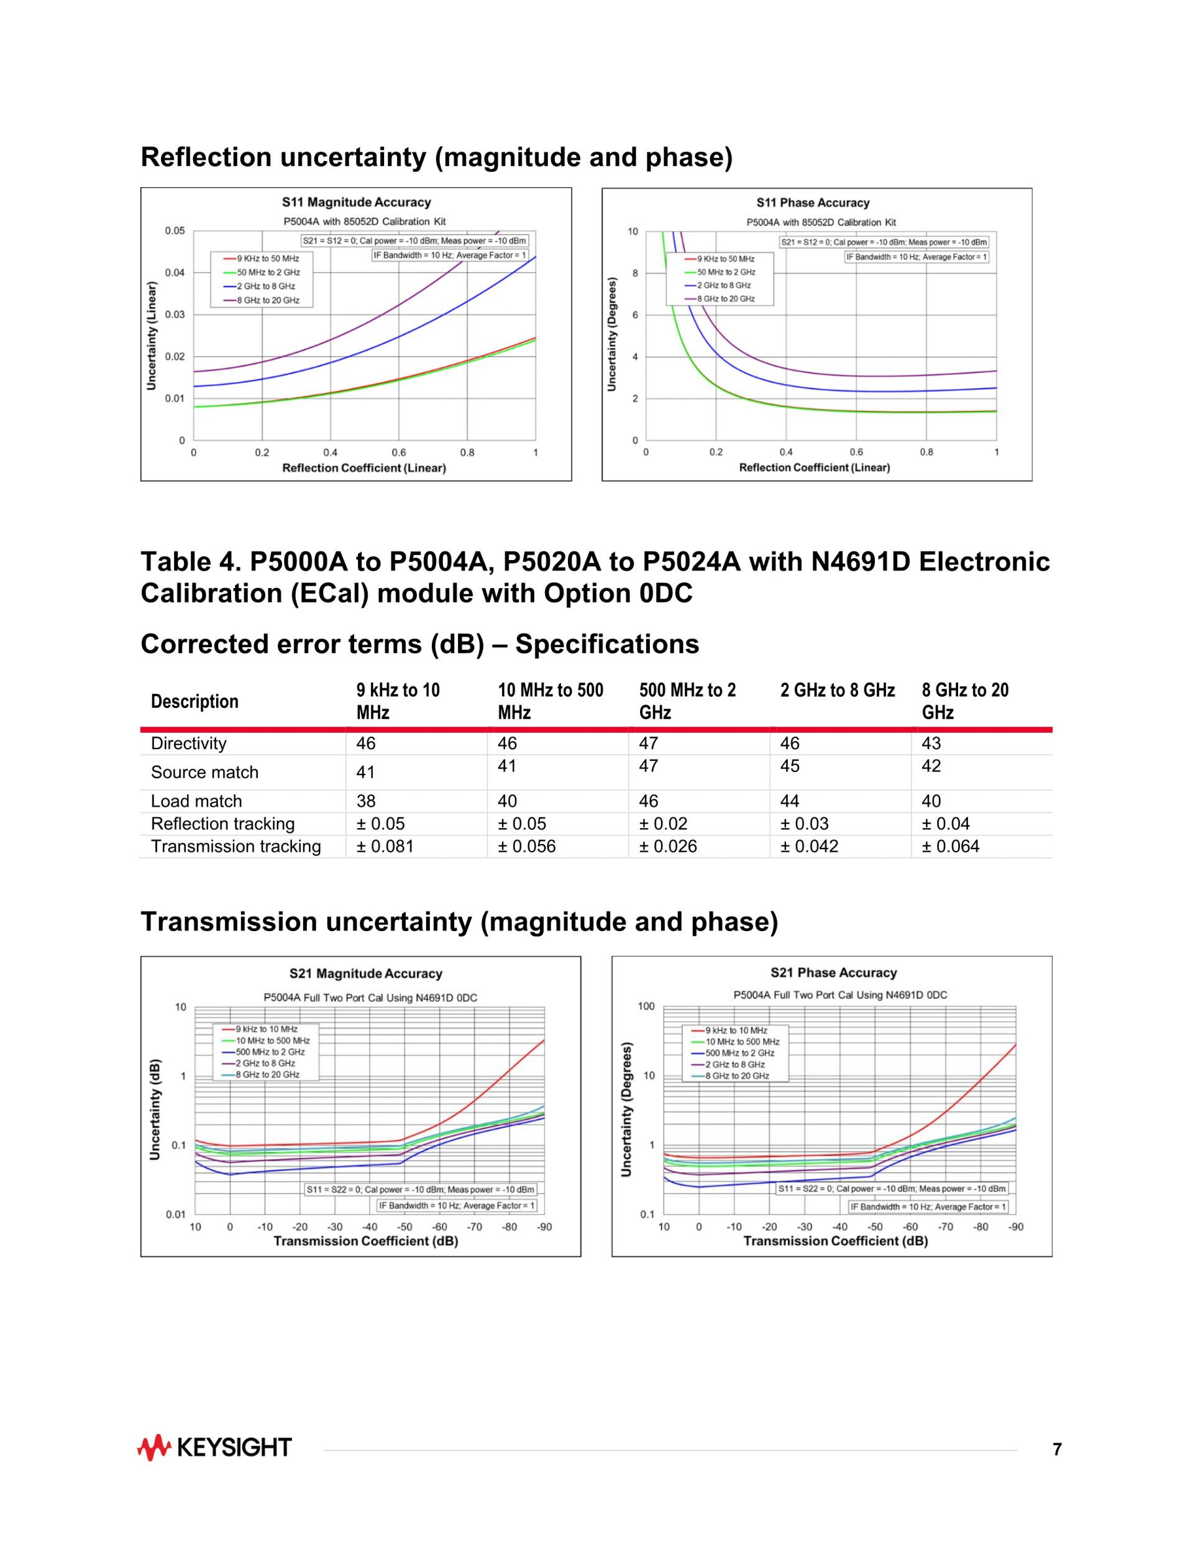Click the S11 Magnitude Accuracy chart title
point(356,203)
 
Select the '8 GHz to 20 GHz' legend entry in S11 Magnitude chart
point(268,300)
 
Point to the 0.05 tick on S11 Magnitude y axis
point(175,231)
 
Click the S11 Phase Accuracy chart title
point(813,203)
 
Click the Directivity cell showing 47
point(648,744)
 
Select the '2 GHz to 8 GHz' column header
point(837,690)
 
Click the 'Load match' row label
point(196,801)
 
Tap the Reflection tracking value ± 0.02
point(662,824)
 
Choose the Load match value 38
point(366,801)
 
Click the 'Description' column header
point(194,701)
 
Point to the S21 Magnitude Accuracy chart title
point(365,973)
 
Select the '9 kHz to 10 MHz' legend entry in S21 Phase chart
point(736,1031)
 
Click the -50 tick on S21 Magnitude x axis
point(405,1226)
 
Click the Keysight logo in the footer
point(214,1447)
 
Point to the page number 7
point(1056,1450)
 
